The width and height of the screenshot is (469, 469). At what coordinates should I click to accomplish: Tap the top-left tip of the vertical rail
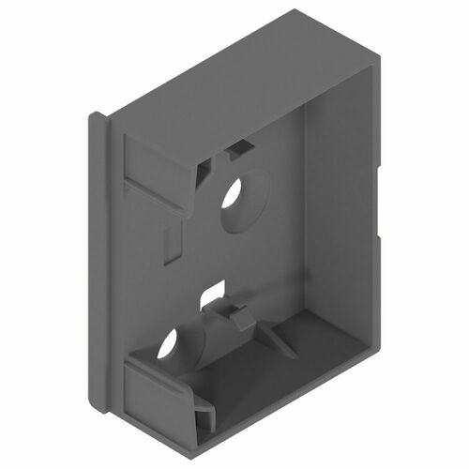[96, 119]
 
